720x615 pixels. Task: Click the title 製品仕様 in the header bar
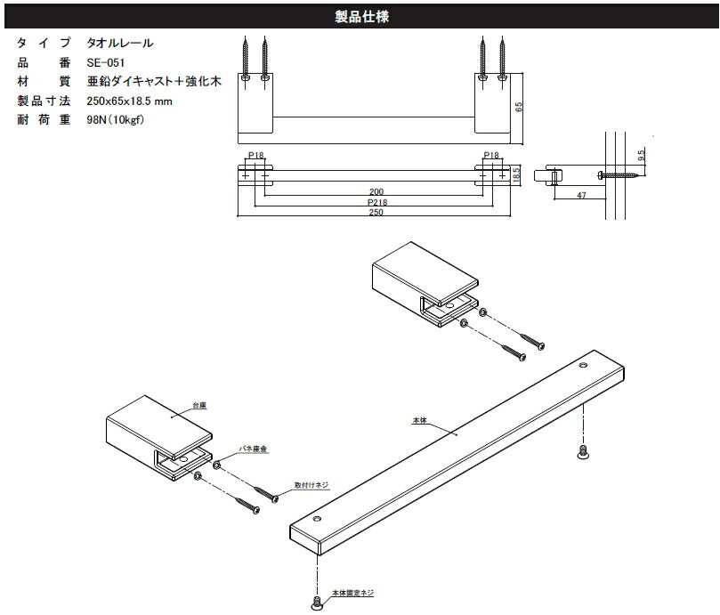(360, 15)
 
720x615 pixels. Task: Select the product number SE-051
(106, 62)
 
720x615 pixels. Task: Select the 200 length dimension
(376, 191)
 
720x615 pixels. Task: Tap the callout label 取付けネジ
(311, 486)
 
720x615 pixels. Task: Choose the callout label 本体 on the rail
(420, 417)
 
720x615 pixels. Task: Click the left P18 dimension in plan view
(255, 155)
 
